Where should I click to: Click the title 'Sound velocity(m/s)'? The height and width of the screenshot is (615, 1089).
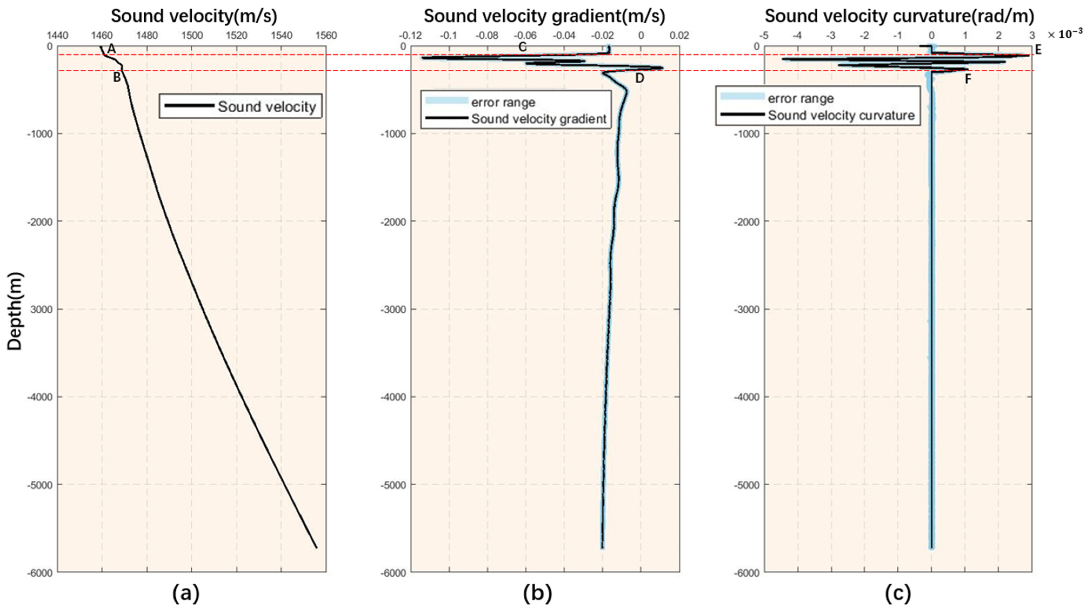pyautogui.click(x=194, y=16)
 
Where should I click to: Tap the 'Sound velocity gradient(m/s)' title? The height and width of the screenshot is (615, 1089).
pyautogui.click(x=544, y=16)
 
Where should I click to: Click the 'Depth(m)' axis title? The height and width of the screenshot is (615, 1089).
pyautogui.click(x=15, y=311)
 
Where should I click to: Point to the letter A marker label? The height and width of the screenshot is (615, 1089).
pyautogui.click(x=111, y=49)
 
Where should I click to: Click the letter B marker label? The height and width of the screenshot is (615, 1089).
pyautogui.click(x=117, y=77)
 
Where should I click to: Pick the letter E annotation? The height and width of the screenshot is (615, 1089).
pyautogui.click(x=1038, y=50)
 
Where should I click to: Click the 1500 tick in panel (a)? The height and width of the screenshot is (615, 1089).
pyautogui.click(x=192, y=35)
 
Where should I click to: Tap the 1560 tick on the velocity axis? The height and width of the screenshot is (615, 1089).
pyautogui.click(x=326, y=35)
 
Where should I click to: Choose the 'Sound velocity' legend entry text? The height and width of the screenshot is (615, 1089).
pyautogui.click(x=267, y=106)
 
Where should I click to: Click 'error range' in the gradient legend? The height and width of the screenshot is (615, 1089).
pyautogui.click(x=503, y=102)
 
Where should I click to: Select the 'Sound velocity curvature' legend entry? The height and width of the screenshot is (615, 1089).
pyautogui.click(x=841, y=115)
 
